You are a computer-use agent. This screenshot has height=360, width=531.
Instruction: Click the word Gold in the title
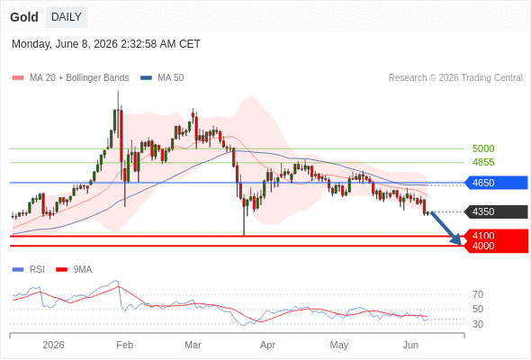(x=24, y=17)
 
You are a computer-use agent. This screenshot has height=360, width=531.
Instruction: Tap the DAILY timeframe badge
(x=67, y=17)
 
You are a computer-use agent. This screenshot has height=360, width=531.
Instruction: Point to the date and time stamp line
(x=106, y=44)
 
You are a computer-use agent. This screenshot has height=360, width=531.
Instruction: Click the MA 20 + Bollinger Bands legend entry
(x=70, y=78)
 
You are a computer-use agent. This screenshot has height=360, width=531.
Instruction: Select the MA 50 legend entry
(x=162, y=78)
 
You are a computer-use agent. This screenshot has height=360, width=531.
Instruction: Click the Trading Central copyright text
(x=455, y=78)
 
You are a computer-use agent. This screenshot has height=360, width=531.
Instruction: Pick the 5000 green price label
(x=483, y=148)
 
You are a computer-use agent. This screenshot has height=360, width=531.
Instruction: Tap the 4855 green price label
(x=483, y=162)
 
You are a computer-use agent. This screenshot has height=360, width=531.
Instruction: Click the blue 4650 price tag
(x=496, y=183)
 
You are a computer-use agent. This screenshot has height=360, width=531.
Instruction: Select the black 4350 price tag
(x=496, y=212)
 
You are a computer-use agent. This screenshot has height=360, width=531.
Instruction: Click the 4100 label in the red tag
(x=483, y=236)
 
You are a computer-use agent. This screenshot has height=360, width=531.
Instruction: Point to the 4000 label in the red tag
(x=483, y=246)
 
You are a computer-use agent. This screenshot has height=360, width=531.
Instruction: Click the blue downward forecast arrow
(x=446, y=229)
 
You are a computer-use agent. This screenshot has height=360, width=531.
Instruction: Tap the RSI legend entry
(x=29, y=270)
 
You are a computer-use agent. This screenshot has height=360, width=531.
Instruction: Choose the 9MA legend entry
(x=74, y=270)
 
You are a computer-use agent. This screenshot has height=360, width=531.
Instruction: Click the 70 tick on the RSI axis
(x=478, y=294)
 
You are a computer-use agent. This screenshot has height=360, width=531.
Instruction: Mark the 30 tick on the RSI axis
(x=478, y=324)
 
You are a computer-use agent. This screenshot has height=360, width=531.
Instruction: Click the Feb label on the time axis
(x=124, y=345)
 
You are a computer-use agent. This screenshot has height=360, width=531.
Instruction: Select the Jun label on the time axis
(x=410, y=345)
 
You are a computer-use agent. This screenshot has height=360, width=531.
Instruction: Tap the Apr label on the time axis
(x=267, y=345)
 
